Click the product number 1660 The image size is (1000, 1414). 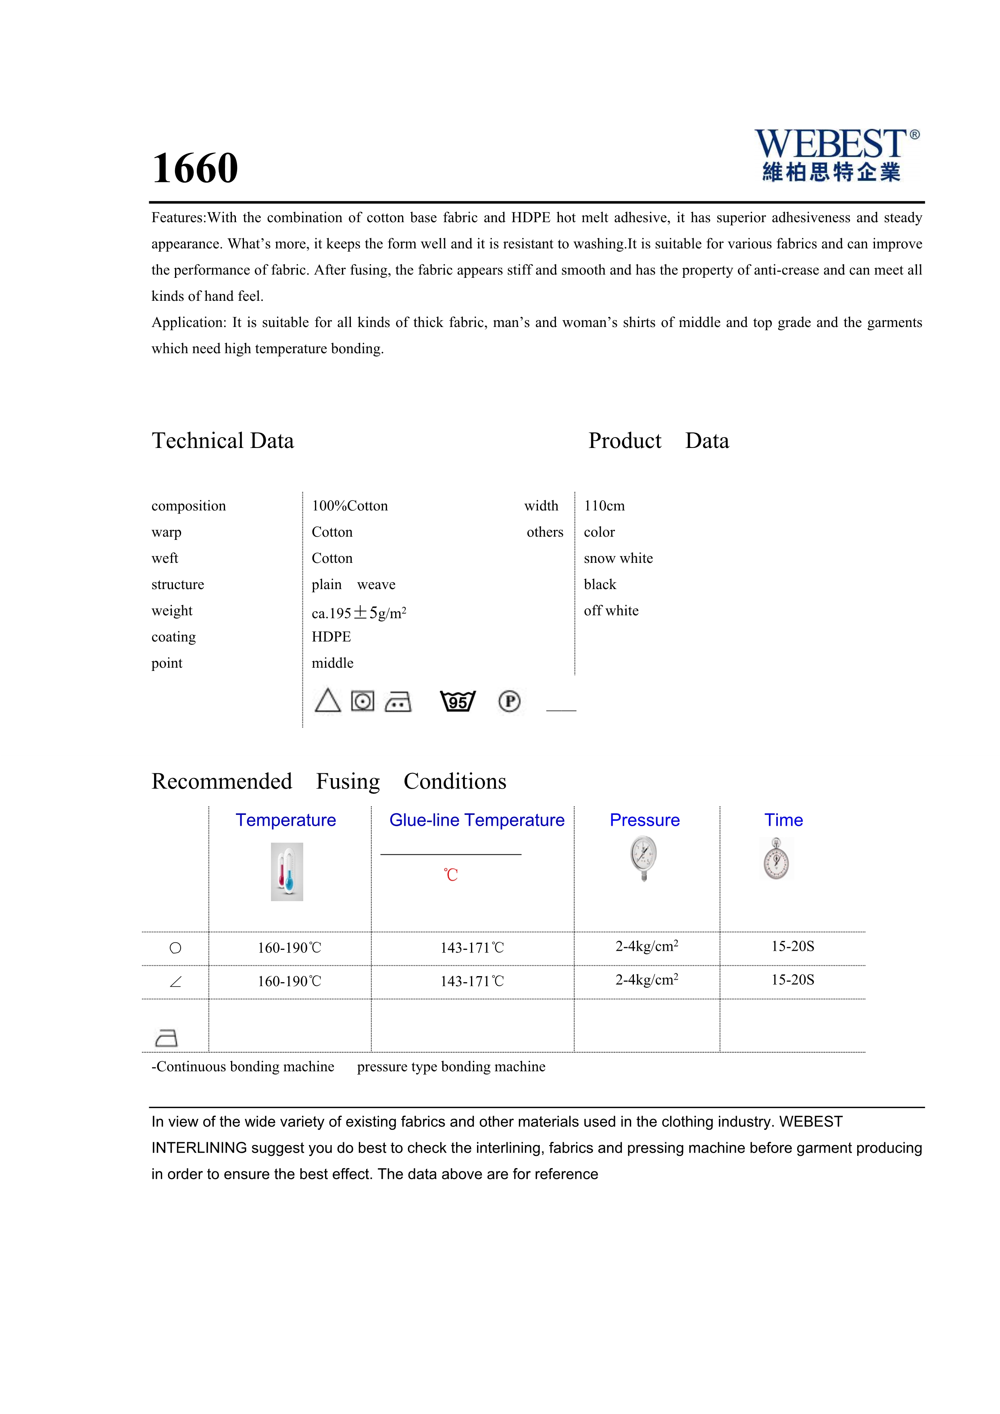coord(195,168)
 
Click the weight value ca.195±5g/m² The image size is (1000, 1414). coord(358,613)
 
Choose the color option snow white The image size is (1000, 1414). coord(618,558)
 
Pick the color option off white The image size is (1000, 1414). coord(611,610)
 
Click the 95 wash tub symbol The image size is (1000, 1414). coord(458,702)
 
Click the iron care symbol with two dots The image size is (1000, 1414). coord(398,702)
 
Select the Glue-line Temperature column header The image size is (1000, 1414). coord(477,820)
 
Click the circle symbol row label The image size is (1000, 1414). coord(175,948)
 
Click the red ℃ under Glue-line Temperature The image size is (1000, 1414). coord(451,875)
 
